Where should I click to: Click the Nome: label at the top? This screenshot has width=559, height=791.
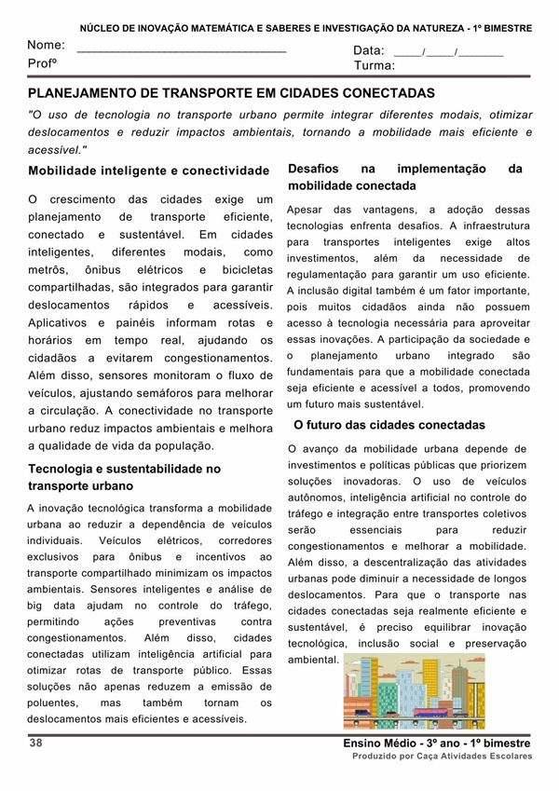pos(46,45)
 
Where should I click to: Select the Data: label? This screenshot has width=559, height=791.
pos(369,50)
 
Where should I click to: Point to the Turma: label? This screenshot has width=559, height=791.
pos(374,66)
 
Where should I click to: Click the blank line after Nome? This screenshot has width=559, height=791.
pos(182,49)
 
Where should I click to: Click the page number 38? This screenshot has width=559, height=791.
pos(36,743)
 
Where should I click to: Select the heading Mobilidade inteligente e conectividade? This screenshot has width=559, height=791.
pos(148,171)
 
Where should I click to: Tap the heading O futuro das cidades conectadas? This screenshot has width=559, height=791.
pos(389,425)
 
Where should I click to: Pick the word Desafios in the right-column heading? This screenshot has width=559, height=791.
pos(314,169)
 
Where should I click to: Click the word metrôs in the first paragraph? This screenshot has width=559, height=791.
pos(48,269)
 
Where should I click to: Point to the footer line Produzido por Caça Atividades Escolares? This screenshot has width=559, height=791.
pos(441,757)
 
